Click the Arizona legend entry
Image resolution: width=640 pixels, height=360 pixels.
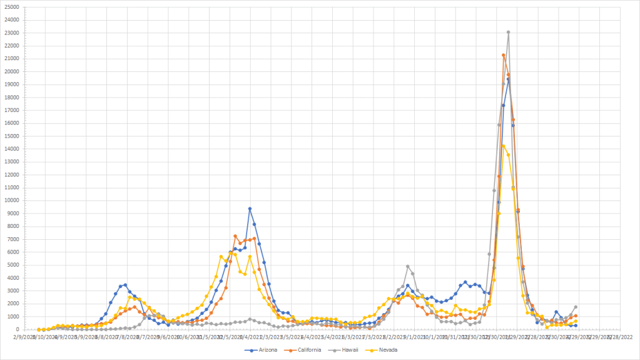pos(263,349)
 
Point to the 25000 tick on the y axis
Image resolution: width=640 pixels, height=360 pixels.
pos(11,7)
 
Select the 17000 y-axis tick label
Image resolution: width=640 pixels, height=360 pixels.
pos(11,110)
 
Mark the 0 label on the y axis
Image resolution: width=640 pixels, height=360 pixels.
pos(18,329)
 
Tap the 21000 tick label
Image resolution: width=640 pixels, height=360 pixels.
pos(11,58)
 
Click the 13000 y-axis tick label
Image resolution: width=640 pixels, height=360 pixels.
pos(11,162)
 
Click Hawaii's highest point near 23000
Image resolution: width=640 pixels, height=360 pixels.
pos(508,32)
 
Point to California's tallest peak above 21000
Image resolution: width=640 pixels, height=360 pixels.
pos(503,55)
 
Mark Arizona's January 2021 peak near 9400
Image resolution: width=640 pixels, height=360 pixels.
pos(250,208)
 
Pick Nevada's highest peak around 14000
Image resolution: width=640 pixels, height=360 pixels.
pos(503,146)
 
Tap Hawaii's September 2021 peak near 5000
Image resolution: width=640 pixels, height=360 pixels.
pos(407,266)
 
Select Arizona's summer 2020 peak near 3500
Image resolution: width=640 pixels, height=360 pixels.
pos(125,285)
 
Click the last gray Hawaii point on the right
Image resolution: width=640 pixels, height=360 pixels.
pos(575,307)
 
